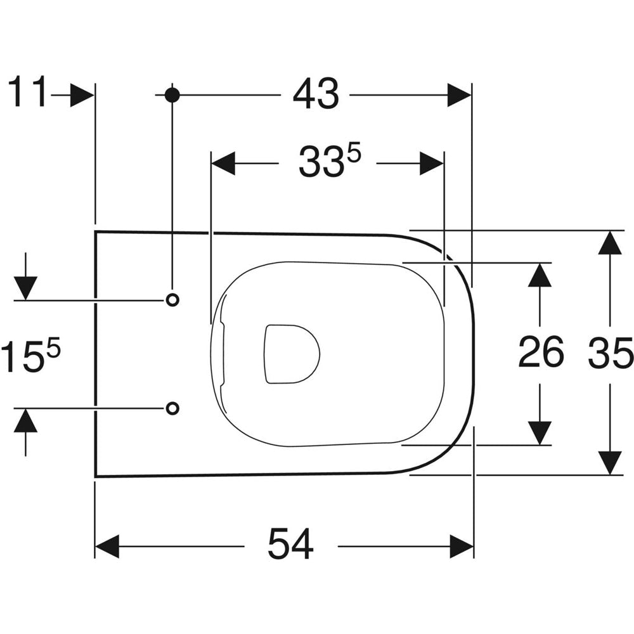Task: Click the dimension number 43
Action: pos(316,94)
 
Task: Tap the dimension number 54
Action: pos(291,544)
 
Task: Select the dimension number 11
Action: pos(27,92)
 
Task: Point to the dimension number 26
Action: pos(541,352)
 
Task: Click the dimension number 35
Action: pos(611,354)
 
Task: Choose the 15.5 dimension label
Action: pos(30,356)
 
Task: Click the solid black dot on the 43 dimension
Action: pos(172,95)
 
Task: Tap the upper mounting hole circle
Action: pos(172,300)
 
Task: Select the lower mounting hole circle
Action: pos(172,408)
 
